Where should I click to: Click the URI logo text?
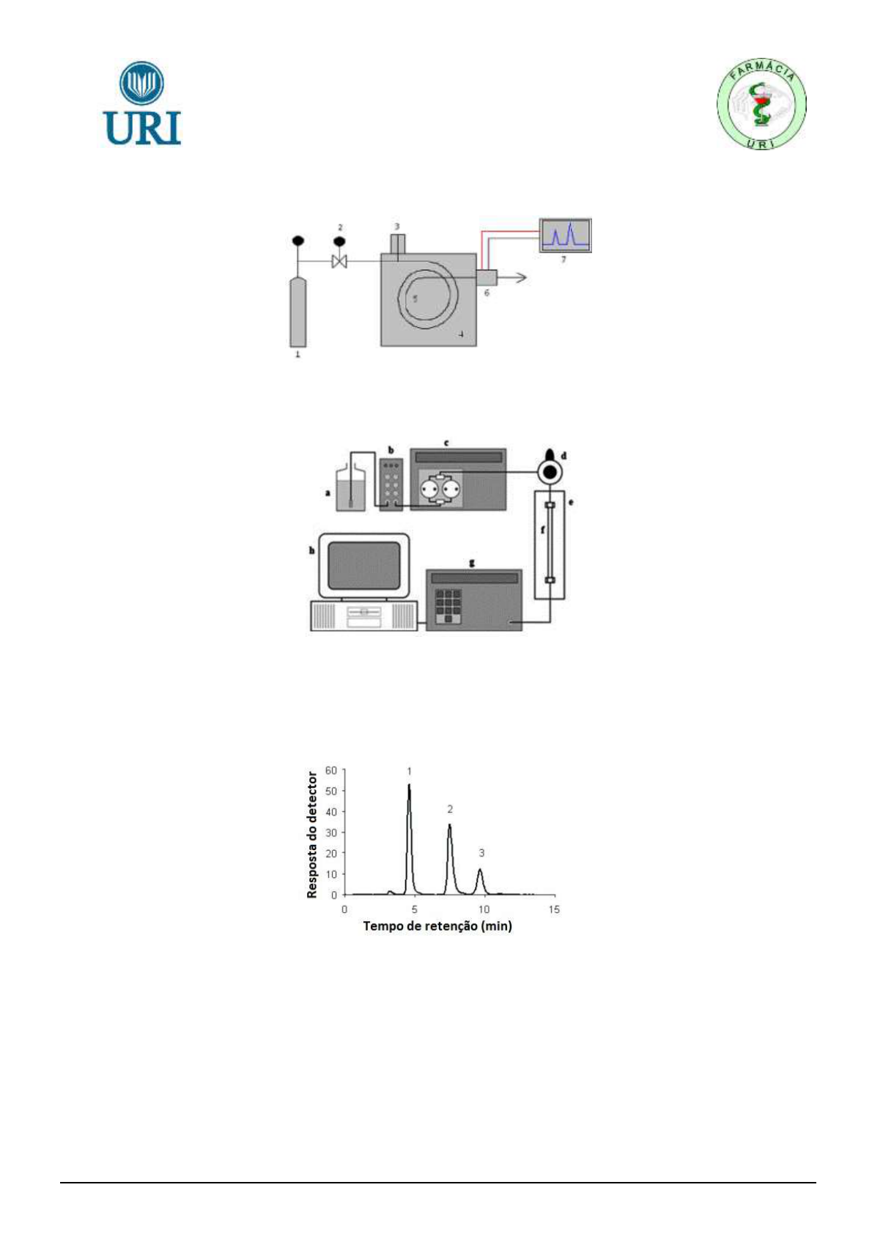[142, 128]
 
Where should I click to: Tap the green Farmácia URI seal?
[761, 105]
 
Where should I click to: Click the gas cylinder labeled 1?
[298, 312]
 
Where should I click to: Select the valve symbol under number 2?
[339, 261]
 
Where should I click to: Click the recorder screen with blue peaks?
[565, 235]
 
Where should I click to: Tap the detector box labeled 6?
[487, 278]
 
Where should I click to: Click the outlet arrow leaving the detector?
[511, 278]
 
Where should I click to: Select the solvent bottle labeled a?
[350, 489]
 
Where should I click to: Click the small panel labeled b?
[391, 484]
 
